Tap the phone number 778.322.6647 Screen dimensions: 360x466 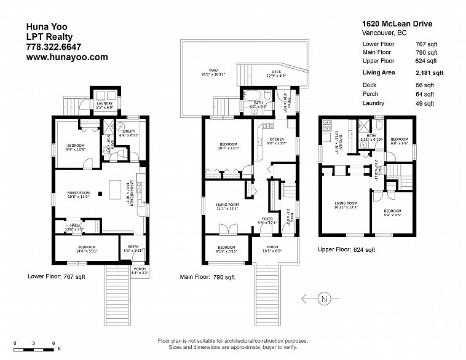click(x=53, y=46)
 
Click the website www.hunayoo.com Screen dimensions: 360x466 click(x=66, y=57)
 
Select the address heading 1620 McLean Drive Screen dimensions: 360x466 click(x=397, y=24)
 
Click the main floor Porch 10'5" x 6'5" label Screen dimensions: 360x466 click(x=271, y=249)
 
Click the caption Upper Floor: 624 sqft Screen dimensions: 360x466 click(x=346, y=250)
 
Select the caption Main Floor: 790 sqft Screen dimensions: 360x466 click(x=208, y=277)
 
